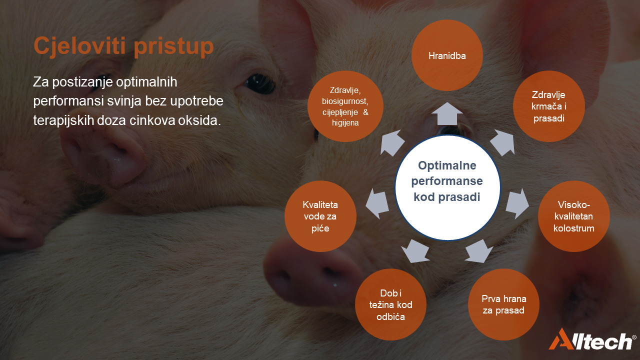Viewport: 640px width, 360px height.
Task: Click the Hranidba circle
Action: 447,55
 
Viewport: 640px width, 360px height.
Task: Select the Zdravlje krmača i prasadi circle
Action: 549,106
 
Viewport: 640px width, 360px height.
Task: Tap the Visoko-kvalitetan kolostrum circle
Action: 573,216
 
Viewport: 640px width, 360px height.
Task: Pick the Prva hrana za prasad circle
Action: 503,304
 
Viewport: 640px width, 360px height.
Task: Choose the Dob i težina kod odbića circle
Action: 390,304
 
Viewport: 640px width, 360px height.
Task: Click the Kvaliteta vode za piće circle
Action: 320,216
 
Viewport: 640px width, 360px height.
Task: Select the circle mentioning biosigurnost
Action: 345,106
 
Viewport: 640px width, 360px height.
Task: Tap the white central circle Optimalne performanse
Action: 447,187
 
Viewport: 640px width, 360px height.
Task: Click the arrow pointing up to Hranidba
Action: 447,113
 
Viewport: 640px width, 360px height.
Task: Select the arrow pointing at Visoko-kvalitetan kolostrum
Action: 517,203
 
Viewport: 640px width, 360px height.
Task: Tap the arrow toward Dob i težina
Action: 415,251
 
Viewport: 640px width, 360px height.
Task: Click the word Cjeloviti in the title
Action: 79,45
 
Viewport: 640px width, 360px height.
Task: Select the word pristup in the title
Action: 173,46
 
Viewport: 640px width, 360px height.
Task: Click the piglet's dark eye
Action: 260,84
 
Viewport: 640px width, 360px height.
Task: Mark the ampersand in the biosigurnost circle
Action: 365,112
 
